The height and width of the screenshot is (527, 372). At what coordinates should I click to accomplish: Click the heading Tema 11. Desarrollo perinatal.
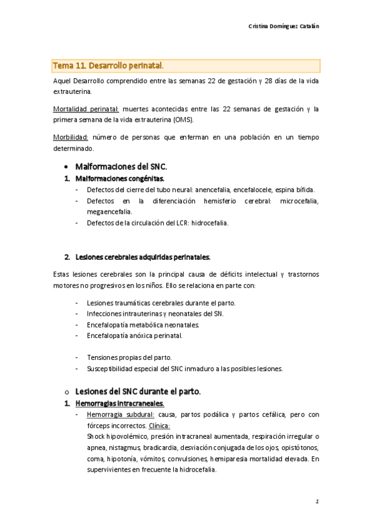109,65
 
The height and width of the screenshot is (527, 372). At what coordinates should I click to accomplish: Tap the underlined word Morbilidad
71,137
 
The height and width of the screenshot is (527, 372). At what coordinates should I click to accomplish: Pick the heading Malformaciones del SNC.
121,167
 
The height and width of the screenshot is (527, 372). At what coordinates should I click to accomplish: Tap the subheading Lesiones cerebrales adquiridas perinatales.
143,257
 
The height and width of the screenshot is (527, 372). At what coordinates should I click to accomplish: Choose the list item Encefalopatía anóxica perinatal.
135,336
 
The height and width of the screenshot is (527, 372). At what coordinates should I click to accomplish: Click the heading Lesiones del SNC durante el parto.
138,392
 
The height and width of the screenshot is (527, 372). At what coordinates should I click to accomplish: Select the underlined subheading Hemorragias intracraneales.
120,404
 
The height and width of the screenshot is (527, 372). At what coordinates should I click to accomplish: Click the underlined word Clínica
161,426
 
